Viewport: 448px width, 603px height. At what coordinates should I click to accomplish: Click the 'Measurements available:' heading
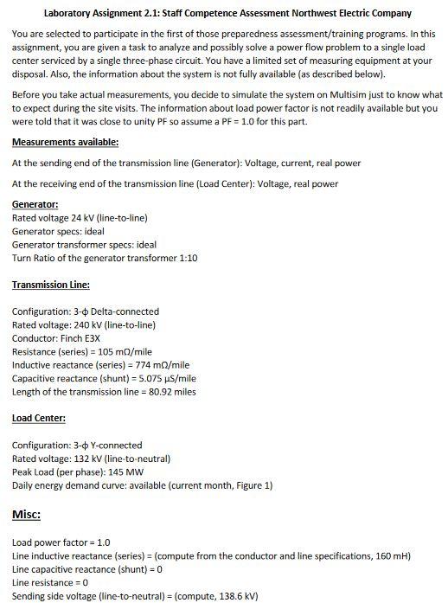(65, 142)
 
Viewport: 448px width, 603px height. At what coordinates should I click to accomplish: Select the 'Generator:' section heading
(35, 204)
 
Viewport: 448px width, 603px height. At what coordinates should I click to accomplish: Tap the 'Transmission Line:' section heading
(51, 284)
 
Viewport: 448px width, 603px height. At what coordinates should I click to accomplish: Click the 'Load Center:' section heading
(39, 418)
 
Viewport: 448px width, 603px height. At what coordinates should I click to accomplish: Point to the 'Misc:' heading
(27, 515)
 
